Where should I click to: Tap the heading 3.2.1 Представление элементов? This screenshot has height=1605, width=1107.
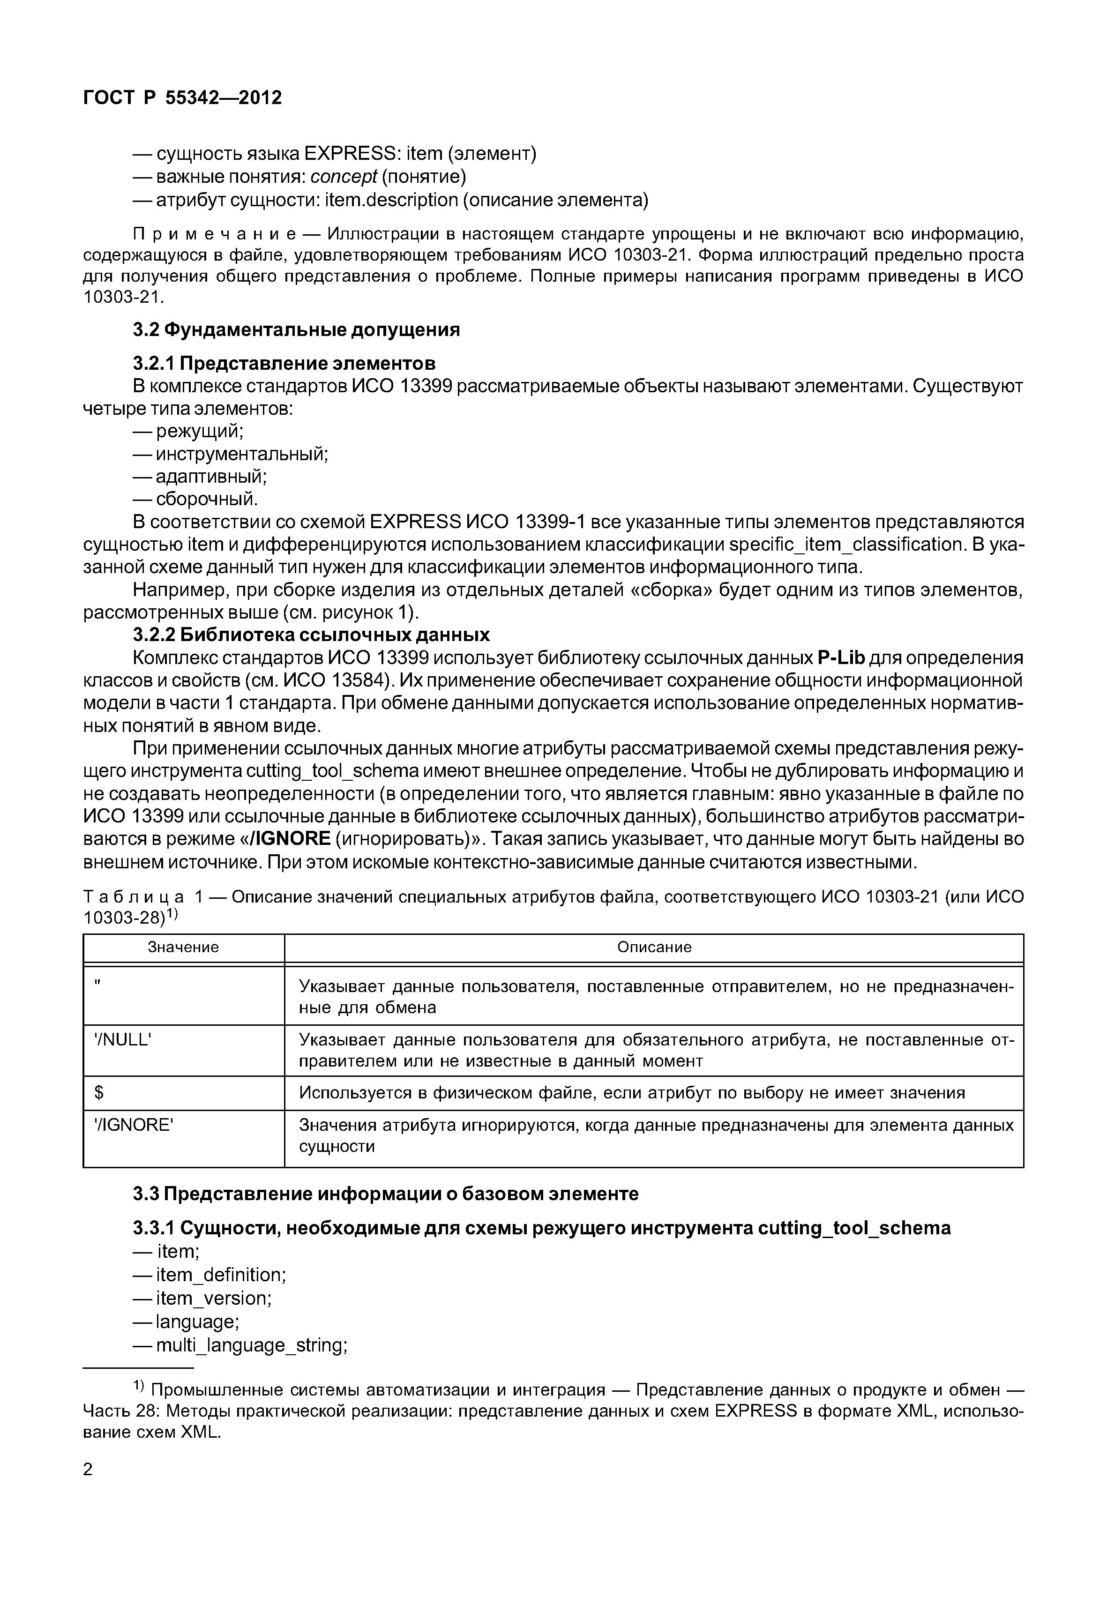coord(284,363)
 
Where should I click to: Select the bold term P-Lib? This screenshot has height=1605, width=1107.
coord(841,657)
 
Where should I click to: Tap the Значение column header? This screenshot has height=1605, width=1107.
coord(183,948)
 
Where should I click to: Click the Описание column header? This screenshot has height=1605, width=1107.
coord(654,948)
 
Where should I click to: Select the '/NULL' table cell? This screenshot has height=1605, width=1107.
coord(123,1040)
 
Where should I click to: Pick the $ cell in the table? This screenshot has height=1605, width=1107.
coord(99,1094)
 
